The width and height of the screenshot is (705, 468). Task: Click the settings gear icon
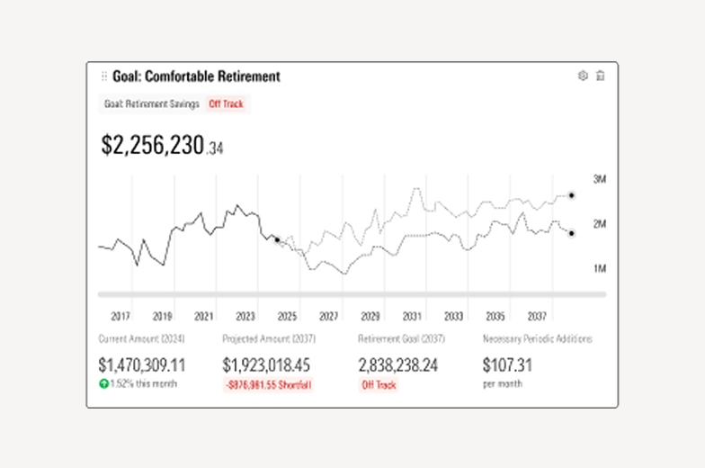tap(582, 76)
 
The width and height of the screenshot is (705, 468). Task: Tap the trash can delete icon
tap(601, 76)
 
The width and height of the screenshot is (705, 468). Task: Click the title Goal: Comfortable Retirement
tap(196, 76)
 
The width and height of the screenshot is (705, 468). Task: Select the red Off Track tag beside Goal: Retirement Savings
tap(226, 103)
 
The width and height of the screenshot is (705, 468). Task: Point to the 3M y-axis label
tap(599, 180)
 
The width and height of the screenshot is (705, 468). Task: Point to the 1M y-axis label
tap(599, 268)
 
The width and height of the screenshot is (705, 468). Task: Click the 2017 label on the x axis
tap(120, 317)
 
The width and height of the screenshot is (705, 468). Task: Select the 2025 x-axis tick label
tap(287, 317)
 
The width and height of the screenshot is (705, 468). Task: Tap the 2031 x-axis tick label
tap(412, 317)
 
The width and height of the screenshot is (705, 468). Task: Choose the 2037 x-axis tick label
tap(537, 317)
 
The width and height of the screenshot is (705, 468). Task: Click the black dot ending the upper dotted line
tap(571, 195)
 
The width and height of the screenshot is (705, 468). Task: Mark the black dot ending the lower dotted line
tap(571, 233)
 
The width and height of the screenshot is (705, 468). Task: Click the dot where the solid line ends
tap(277, 239)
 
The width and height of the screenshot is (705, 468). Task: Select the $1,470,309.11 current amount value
tap(142, 365)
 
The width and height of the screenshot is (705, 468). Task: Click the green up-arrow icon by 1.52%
tap(103, 383)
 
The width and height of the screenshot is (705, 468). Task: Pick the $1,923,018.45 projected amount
tap(266, 365)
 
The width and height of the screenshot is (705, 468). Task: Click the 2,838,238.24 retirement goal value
tap(398, 365)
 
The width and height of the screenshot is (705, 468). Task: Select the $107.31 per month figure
tap(508, 365)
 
